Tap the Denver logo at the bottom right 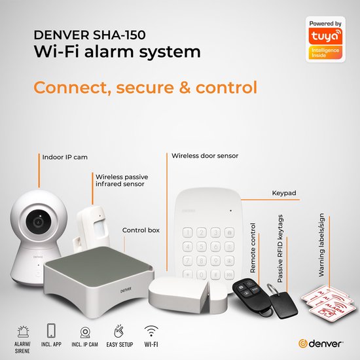click(323, 343)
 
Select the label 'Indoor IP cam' click(65, 158)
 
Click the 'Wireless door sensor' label click(204, 156)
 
